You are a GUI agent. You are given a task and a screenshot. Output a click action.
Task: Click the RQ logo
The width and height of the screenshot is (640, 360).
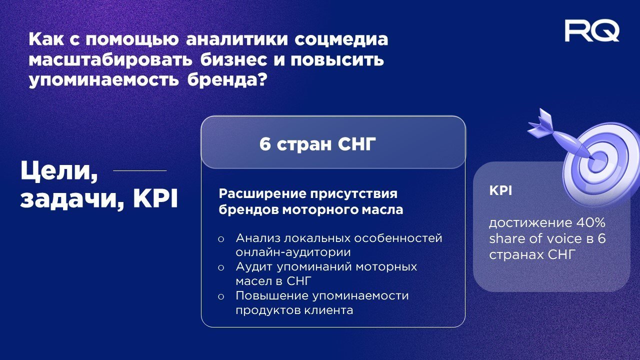(592, 31)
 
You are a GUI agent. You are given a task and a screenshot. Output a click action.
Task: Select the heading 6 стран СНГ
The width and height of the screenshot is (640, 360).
(317, 144)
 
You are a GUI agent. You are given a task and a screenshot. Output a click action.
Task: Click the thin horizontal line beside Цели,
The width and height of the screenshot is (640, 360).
(139, 170)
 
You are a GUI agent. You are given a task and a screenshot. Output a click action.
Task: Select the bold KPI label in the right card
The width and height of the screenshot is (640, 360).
(500, 191)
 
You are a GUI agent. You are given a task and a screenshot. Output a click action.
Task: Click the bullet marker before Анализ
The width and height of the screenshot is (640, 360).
(220, 239)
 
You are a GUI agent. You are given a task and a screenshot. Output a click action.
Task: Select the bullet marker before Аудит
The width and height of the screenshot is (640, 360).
(220, 268)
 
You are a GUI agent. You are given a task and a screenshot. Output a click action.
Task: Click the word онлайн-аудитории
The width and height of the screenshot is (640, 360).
(293, 252)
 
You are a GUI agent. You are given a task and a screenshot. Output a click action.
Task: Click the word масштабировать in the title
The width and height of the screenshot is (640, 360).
(111, 59)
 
